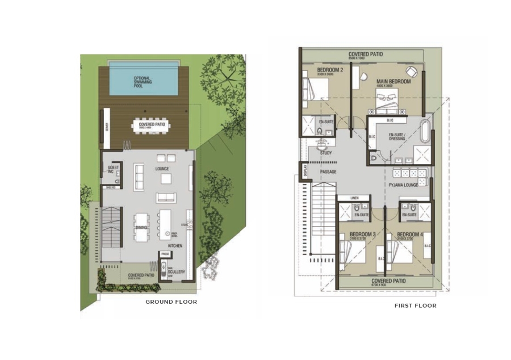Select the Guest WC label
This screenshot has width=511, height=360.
112,169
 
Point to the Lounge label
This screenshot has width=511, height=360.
162,169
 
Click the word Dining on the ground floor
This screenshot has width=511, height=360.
141,228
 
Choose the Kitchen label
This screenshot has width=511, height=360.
175,246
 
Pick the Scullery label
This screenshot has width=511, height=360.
177,272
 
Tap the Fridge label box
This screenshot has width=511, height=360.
165,254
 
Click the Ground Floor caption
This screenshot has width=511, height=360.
171,302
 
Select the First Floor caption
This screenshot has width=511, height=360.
416,305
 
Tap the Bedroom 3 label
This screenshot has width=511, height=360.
362,235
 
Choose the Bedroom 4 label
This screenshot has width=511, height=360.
409,235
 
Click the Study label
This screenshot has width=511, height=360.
326,153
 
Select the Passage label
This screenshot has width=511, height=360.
328,171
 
